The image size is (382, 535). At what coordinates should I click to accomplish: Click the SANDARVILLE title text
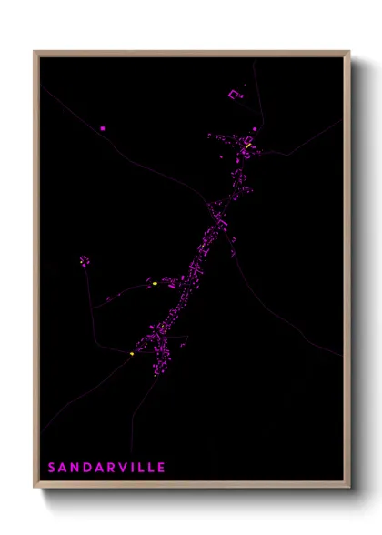click(x=106, y=468)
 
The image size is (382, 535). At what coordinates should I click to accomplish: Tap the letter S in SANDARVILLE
click(x=52, y=468)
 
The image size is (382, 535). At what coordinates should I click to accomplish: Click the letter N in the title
click(x=75, y=468)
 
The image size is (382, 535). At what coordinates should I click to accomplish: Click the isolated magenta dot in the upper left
click(x=103, y=129)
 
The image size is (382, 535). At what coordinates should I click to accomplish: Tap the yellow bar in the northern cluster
click(x=247, y=144)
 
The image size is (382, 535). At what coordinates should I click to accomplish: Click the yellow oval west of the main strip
click(x=156, y=284)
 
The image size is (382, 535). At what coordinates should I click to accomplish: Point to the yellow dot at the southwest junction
click(x=132, y=354)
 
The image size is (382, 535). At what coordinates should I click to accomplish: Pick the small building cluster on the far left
click(x=84, y=260)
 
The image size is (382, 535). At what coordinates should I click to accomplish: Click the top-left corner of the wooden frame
click(x=35, y=52)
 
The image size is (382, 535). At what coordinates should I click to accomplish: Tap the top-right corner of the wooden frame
click(x=349, y=52)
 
